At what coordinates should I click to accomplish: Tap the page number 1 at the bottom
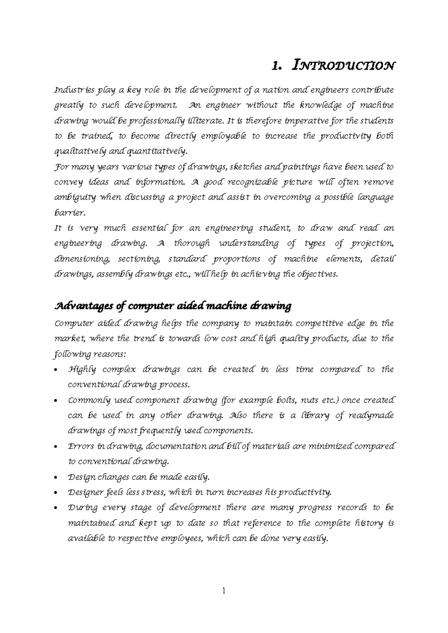point(224,591)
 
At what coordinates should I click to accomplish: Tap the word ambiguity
point(75,198)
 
